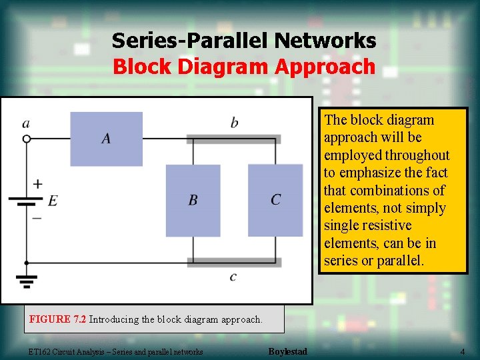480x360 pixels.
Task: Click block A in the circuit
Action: coord(107,139)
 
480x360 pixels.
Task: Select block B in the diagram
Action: coord(193,200)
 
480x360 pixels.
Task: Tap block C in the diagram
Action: coord(275,200)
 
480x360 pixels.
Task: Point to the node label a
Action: coord(26,123)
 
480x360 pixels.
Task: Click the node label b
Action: coord(234,123)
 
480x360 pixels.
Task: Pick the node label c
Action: coord(232,277)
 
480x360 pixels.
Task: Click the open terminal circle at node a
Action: coord(27,139)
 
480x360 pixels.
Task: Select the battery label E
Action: coord(53,201)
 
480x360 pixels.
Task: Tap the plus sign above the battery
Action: coord(37,183)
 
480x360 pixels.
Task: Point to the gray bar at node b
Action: coord(233,139)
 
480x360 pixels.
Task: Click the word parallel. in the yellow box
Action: coord(400,261)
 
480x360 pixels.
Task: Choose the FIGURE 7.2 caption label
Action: coord(58,319)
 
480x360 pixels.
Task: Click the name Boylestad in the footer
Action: coord(287,351)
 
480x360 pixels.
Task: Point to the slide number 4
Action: coord(462,351)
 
